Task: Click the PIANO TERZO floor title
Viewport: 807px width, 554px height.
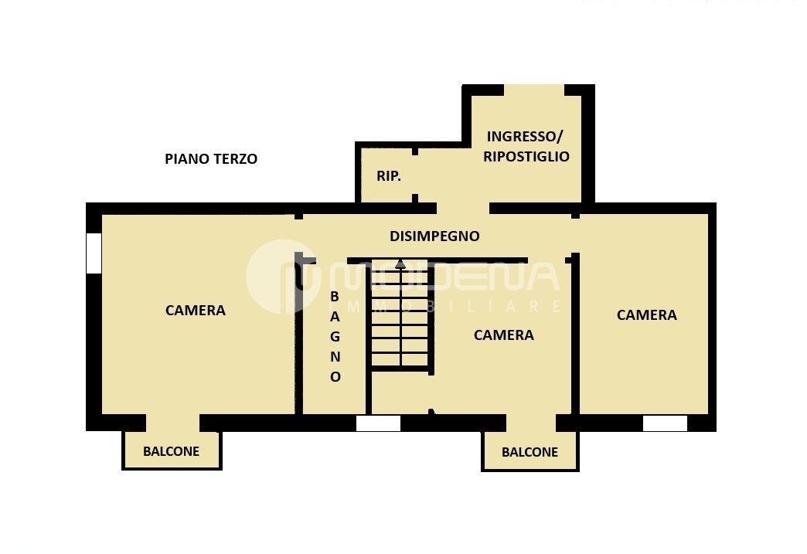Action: (x=211, y=159)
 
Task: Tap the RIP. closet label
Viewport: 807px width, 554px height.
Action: (x=389, y=176)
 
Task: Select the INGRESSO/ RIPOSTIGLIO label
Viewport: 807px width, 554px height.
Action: (x=526, y=146)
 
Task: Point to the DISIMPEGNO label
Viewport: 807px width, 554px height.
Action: (x=434, y=236)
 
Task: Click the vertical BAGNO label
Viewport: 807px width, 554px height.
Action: (x=335, y=337)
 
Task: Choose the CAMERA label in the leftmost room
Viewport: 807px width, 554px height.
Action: (x=196, y=310)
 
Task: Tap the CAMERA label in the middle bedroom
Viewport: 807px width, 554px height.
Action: (x=504, y=335)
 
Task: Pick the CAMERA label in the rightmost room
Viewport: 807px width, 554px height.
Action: (x=647, y=314)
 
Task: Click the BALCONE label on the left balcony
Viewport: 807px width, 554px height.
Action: (x=172, y=451)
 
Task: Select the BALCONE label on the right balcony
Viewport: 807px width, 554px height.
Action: (x=530, y=452)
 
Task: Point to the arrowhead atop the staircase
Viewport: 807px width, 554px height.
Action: (x=400, y=264)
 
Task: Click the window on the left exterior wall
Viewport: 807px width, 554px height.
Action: (x=94, y=253)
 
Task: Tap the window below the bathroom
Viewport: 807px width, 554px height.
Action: (x=378, y=423)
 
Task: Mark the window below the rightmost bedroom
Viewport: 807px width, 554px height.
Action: (x=665, y=423)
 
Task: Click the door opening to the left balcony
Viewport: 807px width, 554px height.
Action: (x=173, y=423)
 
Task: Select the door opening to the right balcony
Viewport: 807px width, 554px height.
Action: (x=531, y=423)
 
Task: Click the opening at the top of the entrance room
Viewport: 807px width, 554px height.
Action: (x=534, y=90)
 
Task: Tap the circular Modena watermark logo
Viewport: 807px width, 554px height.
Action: (x=283, y=277)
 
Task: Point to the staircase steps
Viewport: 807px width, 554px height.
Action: (x=400, y=316)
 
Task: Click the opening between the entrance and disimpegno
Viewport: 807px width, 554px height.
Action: (x=463, y=209)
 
